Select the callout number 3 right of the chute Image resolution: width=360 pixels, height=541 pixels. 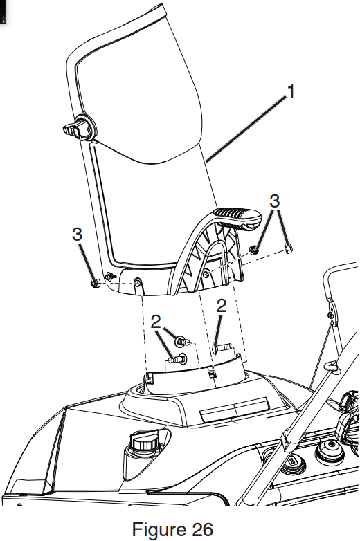click(x=276, y=201)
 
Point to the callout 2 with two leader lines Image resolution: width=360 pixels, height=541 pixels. click(x=156, y=320)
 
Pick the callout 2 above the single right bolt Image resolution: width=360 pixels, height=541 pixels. click(x=222, y=306)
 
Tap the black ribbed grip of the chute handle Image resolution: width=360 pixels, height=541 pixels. click(x=235, y=217)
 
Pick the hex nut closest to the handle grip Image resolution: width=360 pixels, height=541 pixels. click(x=255, y=249)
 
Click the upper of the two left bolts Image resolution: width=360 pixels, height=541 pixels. click(x=181, y=340)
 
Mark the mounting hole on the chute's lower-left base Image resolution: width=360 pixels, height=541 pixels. click(x=137, y=282)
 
